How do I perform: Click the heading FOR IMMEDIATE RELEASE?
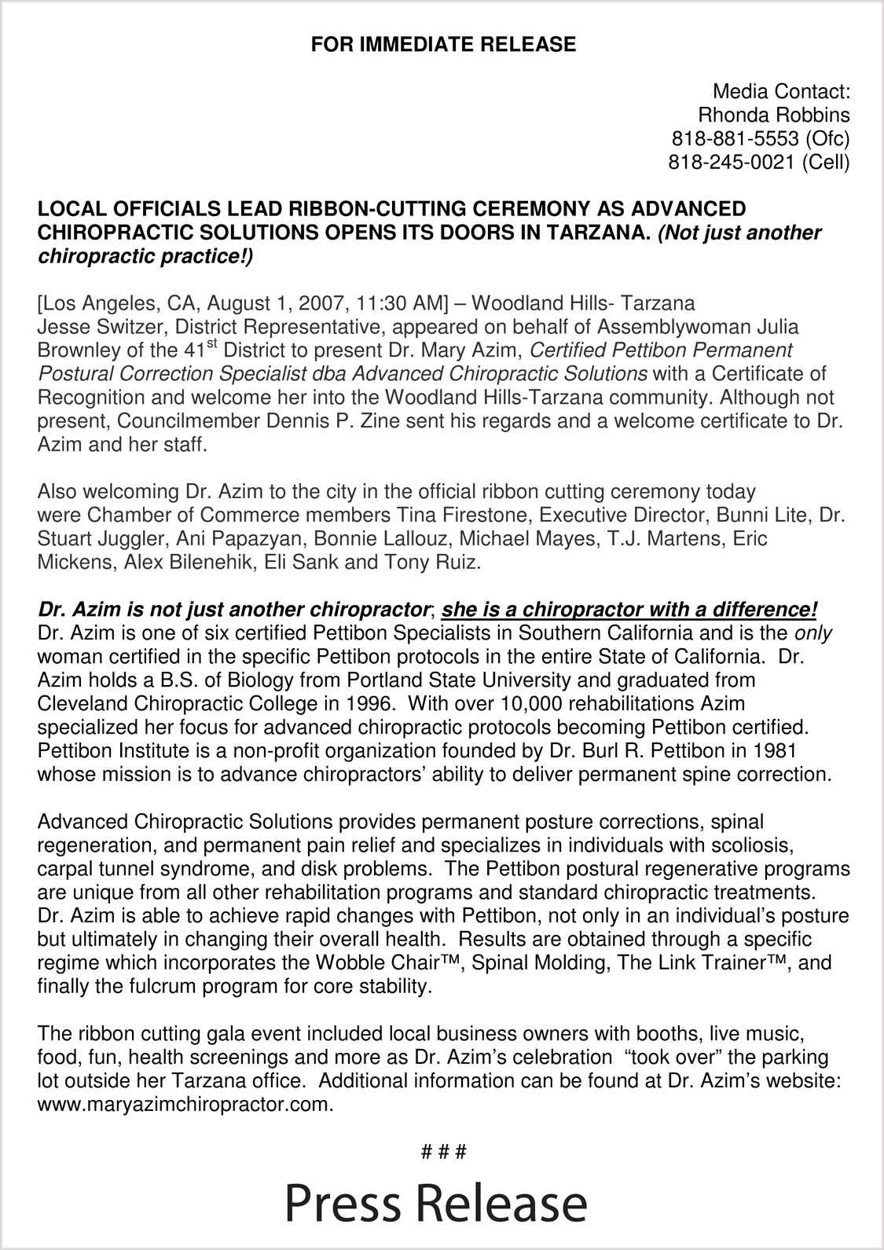443,45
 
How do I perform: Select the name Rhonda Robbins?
773,115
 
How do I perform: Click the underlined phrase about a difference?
629,610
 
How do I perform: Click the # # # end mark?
444,1153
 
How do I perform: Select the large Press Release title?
436,1202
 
